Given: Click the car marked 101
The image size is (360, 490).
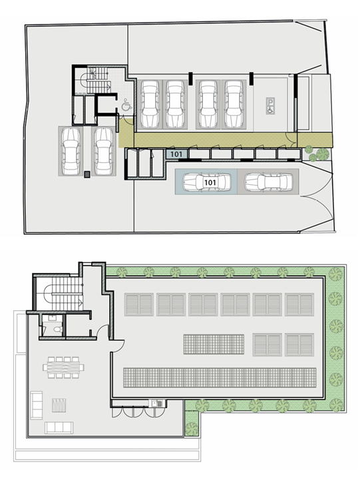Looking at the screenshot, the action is [x=206, y=182].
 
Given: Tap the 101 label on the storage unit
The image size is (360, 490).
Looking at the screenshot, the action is [x=176, y=154].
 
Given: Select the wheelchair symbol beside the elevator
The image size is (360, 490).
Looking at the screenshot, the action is [x=126, y=104].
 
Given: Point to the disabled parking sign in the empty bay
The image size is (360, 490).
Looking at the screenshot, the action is [x=270, y=106].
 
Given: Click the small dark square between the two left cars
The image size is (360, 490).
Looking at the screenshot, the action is [x=87, y=175].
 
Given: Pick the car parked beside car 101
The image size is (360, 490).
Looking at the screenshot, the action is [x=268, y=182].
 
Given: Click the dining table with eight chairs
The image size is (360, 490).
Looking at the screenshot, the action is [x=63, y=367].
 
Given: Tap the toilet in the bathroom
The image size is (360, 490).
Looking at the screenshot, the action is [x=57, y=329].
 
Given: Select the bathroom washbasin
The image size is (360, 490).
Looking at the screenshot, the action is [x=52, y=318].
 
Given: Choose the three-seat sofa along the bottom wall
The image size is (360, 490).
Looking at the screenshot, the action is [x=59, y=428].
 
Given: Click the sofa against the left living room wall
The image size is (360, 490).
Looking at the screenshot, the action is [x=37, y=405].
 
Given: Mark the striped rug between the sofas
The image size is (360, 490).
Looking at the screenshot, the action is [x=59, y=406].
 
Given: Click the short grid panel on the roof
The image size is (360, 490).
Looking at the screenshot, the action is [x=214, y=344].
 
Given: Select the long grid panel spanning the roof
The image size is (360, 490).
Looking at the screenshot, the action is [x=220, y=378].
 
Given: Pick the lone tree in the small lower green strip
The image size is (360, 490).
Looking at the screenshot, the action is [x=192, y=428].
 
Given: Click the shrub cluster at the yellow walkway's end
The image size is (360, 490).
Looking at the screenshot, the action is [x=317, y=154].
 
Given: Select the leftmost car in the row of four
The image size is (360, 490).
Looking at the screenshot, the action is [x=150, y=104].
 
